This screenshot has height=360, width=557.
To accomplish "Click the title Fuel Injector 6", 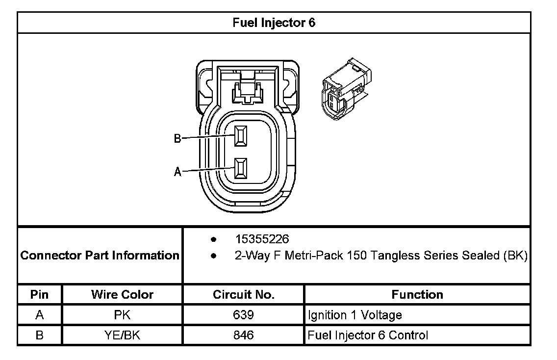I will click(274, 23).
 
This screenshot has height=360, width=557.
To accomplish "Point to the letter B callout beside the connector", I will click(177, 139).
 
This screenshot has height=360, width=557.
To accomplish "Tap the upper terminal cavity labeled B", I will click(240, 136).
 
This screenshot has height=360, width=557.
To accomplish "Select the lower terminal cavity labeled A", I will click(240, 168).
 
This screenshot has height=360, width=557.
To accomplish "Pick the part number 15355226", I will click(262, 239).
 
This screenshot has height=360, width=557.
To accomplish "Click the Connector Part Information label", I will click(100, 256).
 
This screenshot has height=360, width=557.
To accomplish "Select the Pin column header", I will click(40, 294).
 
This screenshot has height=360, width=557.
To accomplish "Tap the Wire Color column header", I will click(122, 294).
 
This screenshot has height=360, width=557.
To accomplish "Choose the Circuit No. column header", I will click(244, 294).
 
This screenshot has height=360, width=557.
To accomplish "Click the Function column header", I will click(417, 294).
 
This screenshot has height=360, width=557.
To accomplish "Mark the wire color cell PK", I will click(122, 315).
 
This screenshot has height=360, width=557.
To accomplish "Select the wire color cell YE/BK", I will click(122, 335).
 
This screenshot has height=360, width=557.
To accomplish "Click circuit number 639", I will click(244, 315).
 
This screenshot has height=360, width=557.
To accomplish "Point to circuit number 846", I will click(244, 335).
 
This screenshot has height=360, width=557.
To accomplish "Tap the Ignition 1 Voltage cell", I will click(355, 315).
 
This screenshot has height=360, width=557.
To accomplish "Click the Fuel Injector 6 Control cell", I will click(368, 335).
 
